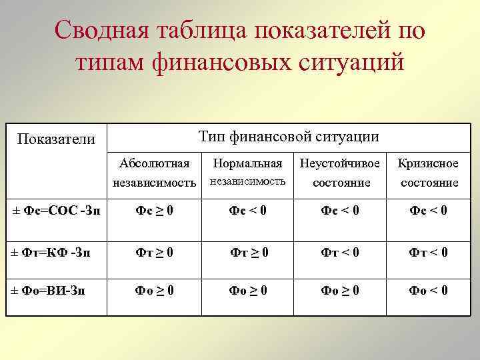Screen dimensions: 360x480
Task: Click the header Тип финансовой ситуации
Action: pyautogui.click(x=289, y=137)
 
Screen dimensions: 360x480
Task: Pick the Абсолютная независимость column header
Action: pyautogui.click(x=155, y=172)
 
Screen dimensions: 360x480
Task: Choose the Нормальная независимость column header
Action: pyautogui.click(x=248, y=172)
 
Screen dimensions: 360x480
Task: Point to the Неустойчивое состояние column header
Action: pyautogui.click(x=340, y=172)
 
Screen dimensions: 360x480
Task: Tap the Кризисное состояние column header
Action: pyautogui.click(x=429, y=172)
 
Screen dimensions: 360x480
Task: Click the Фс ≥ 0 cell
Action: pyautogui.click(x=155, y=211)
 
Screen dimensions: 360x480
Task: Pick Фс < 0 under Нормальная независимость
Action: pyautogui.click(x=248, y=211)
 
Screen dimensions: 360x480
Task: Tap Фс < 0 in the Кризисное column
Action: pyautogui.click(x=429, y=211)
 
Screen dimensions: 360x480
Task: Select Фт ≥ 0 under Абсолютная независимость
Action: pyautogui.click(x=155, y=252)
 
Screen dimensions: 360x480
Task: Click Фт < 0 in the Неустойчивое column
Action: pyautogui.click(x=340, y=252)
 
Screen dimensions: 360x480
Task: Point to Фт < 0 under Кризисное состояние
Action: pyautogui.click(x=429, y=252)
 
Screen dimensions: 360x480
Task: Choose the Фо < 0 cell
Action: pyautogui.click(x=429, y=291)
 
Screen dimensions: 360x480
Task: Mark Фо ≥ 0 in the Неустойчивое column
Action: pyautogui.click(x=340, y=291)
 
